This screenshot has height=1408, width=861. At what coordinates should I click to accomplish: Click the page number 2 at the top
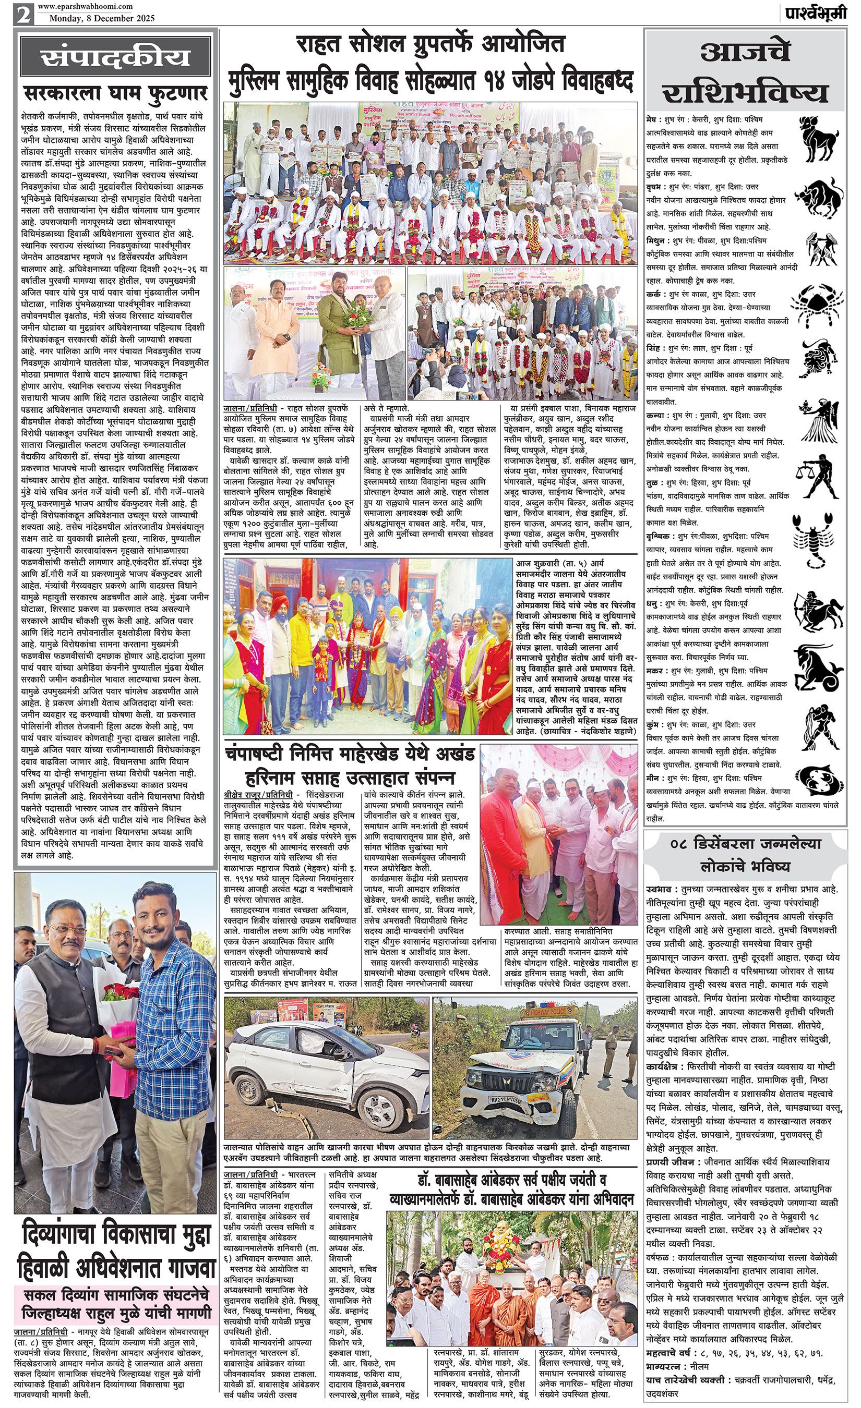tap(23, 13)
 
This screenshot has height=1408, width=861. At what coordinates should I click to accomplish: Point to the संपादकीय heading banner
tap(115, 58)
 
